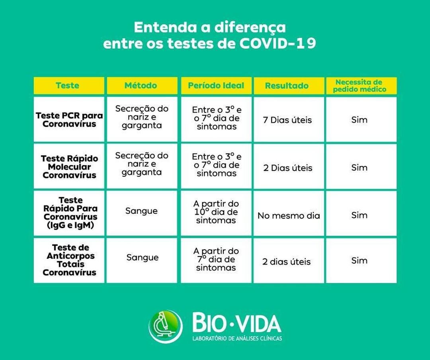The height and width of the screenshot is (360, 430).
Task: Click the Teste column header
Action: tap(67, 86)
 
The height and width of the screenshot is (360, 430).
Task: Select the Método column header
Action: tap(141, 86)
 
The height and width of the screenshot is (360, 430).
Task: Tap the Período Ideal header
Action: tap(216, 86)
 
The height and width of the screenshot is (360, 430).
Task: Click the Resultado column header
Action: tap(287, 86)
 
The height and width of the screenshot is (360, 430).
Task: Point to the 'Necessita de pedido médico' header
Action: tap(360, 86)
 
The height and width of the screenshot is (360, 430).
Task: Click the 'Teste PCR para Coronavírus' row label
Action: tap(69, 119)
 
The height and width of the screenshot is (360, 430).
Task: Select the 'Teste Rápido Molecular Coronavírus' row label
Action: tap(69, 167)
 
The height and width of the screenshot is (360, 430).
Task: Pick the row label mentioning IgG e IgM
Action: tap(70, 213)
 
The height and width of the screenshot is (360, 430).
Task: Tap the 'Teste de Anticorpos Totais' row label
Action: tap(70, 260)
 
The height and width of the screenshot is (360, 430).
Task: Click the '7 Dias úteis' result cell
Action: tap(287, 120)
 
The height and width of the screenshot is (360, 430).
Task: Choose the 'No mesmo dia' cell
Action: tap(289, 216)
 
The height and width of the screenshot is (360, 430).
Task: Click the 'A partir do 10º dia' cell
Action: tap(216, 212)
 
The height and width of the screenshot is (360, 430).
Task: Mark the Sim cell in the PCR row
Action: tap(359, 119)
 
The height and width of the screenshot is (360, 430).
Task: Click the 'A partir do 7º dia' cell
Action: tap(216, 259)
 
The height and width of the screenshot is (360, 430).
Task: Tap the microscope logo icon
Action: tap(166, 327)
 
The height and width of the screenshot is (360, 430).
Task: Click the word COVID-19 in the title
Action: tap(278, 43)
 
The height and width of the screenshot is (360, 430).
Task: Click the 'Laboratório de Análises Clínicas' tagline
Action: tap(237, 338)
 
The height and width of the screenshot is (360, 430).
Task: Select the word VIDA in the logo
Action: tap(259, 323)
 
